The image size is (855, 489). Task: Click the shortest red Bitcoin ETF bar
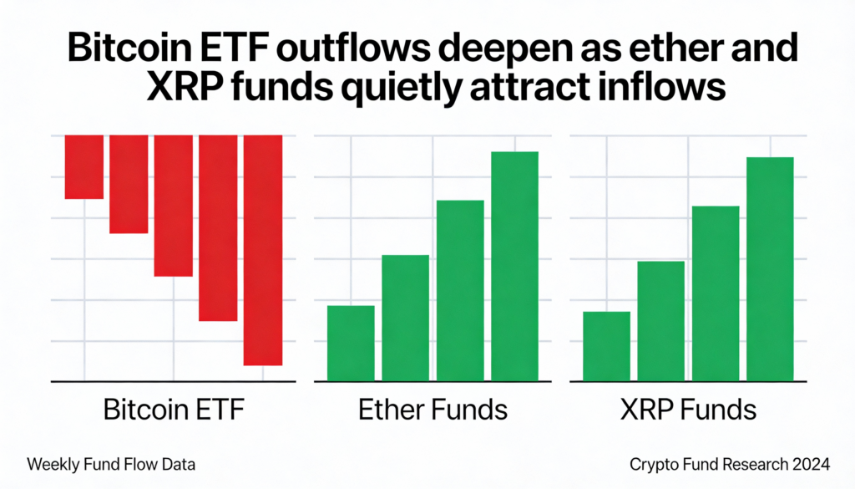click(84, 166)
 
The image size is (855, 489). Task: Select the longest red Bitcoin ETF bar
click(263, 250)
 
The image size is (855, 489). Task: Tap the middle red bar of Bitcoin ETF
click(174, 205)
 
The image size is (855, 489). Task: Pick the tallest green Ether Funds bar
click(514, 266)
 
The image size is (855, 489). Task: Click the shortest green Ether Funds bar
click(351, 343)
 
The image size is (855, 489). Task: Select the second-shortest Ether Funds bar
click(406, 318)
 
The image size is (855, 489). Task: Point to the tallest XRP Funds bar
click(770, 268)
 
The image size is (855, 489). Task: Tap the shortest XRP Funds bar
click(606, 346)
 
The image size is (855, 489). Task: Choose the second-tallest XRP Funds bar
click(716, 293)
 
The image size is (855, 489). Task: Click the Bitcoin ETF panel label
click(175, 410)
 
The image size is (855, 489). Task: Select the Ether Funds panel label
click(433, 410)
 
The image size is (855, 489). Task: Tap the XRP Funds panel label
click(688, 410)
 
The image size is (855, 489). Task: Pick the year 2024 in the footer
click(808, 463)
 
